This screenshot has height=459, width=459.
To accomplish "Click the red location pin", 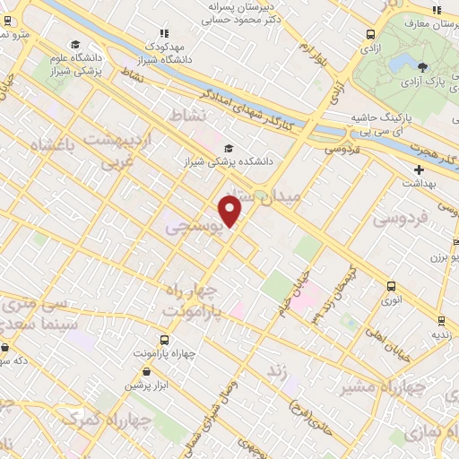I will (230, 210).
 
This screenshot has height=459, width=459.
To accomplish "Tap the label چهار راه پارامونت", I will (193, 299).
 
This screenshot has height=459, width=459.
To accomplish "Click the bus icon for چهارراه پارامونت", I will (164, 340).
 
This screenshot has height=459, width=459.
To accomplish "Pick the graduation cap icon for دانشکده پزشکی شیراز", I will (229, 148).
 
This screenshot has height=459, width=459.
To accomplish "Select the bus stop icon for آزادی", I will (370, 34).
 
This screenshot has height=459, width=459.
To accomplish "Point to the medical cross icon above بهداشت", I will (419, 169).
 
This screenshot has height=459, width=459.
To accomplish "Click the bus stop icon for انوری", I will (390, 286).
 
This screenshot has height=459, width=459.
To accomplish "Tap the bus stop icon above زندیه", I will (440, 319).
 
